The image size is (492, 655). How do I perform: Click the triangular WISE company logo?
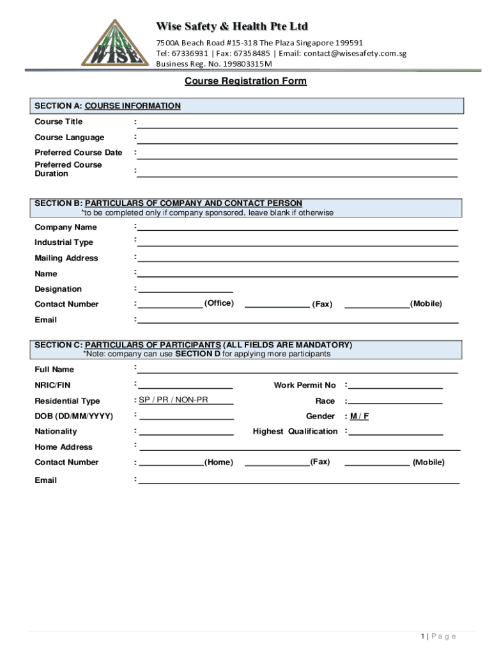112,43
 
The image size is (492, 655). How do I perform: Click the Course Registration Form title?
245,81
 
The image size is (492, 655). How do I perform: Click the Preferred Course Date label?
78,153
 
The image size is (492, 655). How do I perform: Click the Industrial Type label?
64,243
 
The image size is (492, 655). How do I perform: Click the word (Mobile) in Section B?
426,304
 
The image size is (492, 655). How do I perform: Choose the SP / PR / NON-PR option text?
173,400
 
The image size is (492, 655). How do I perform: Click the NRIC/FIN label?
48,386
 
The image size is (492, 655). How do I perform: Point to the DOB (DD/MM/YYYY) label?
73,416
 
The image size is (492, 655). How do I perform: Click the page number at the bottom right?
438,636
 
